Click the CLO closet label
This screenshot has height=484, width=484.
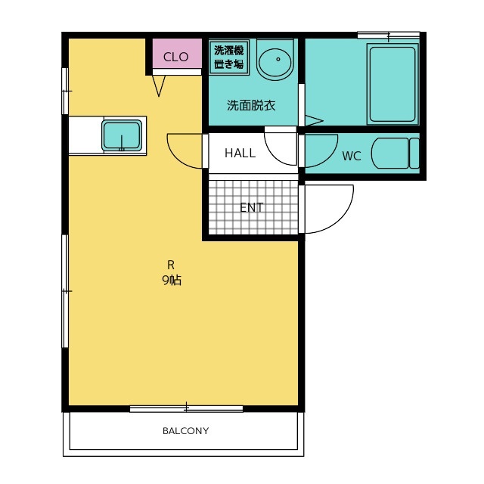point(175,57)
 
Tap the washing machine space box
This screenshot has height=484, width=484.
point(229,57)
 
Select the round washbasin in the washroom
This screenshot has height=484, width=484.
point(275,60)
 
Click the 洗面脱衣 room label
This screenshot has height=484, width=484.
point(251,106)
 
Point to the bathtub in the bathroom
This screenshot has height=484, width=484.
point(392,84)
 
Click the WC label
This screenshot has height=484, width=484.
point(352,157)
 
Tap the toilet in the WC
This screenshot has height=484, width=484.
point(396,153)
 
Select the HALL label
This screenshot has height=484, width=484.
point(240,153)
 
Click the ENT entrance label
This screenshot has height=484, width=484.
point(252,207)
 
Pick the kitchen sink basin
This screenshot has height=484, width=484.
point(122,136)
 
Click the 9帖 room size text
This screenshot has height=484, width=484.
point(172,280)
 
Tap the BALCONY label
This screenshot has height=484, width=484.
point(186,430)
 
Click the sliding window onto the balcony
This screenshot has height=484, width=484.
point(186,408)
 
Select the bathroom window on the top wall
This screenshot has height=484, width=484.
point(389,36)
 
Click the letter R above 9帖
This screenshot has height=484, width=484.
point(171,265)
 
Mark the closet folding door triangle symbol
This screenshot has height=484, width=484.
point(159,85)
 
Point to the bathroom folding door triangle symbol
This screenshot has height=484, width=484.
point(314,120)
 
